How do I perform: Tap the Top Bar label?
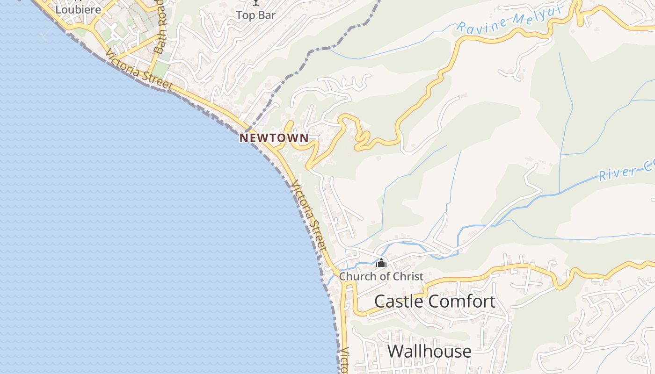tap(255, 15)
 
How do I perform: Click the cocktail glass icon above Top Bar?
tap(256, 2)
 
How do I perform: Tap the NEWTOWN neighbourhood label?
tap(274, 138)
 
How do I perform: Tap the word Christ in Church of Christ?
tap(408, 276)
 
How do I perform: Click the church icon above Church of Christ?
tap(381, 263)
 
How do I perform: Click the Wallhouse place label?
tap(429, 351)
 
